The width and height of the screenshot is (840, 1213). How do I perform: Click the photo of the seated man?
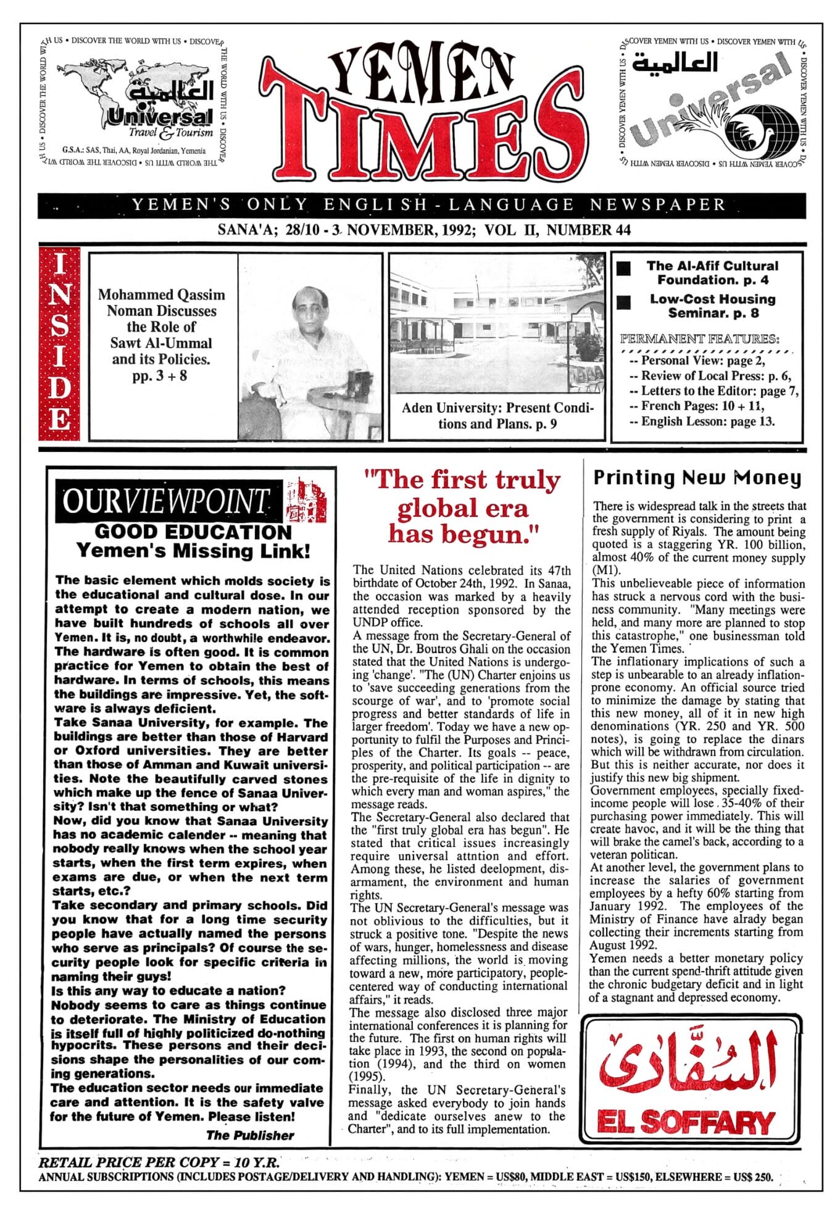tap(310, 348)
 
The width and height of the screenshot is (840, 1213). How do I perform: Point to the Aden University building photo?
tap(497, 323)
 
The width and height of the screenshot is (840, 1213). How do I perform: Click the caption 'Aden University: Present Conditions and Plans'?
tap(497, 415)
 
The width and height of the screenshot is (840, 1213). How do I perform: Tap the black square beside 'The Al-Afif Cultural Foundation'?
tap(624, 269)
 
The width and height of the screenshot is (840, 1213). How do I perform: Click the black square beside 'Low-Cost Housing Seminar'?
tap(624, 302)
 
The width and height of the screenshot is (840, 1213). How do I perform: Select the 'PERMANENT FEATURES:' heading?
tap(699, 339)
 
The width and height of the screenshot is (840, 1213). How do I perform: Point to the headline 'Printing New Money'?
tap(697, 478)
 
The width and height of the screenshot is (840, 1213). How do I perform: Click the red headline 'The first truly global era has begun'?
tap(462, 507)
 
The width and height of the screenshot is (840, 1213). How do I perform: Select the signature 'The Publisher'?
tap(250, 1135)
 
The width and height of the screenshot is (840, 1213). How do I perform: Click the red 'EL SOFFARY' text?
tap(686, 1122)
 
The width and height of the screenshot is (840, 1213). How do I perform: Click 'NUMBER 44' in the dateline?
tap(588, 230)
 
